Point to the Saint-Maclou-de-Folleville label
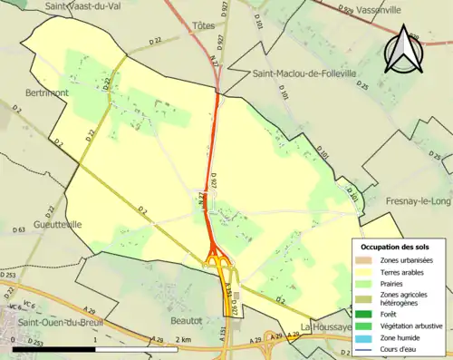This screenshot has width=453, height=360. [x=305, y=73]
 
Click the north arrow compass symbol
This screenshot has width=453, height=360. [x=403, y=50]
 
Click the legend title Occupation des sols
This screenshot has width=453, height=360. [x=397, y=247]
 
